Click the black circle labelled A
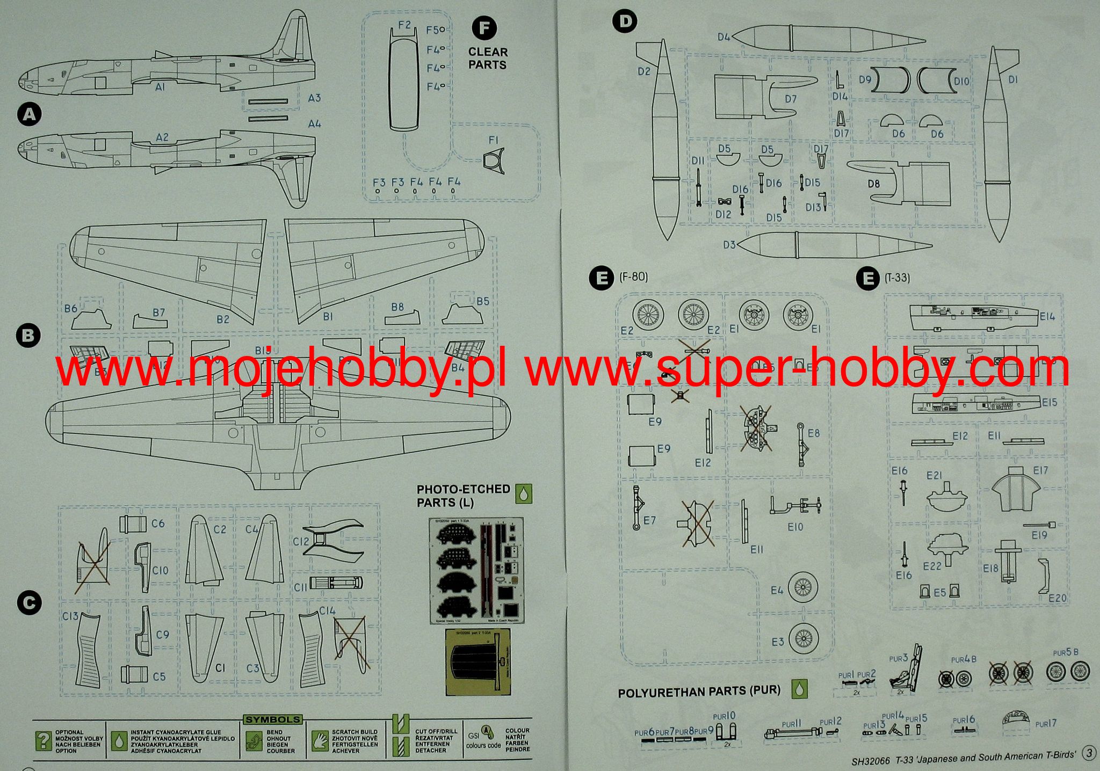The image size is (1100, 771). pos(30,114)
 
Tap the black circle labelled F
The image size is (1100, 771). pos(484,28)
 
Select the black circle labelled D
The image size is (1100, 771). pos(625,21)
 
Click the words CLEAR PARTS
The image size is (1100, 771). pos(488,59)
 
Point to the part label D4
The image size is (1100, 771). pos(723,37)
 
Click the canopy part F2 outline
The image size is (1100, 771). pos(404,78)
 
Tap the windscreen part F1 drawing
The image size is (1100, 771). pos(494,161)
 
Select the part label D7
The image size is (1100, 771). pos(791,99)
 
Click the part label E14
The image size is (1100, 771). pos(1047,316)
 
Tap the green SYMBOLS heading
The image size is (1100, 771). pos(273,719)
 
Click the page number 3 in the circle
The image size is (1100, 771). pos(1089,754)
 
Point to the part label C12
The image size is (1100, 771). pos(301,541)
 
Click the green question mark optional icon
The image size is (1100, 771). pos(43,740)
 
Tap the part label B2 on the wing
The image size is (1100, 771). pos(223,319)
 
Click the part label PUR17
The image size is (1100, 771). pos(1045,724)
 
